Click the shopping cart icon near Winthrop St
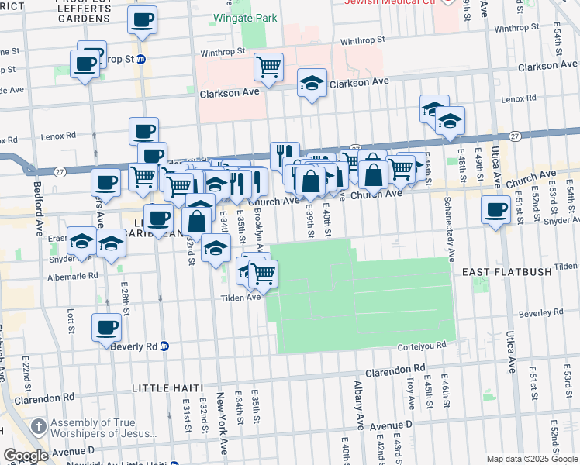coord(268,67)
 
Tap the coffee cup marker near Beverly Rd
coord(107,327)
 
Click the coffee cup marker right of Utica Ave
coord(495,209)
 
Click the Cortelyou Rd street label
coord(422,346)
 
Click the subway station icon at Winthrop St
coord(141,59)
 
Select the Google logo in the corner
coord(26,456)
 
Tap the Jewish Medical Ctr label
coord(391,3)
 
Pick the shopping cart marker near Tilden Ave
coord(263,274)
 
